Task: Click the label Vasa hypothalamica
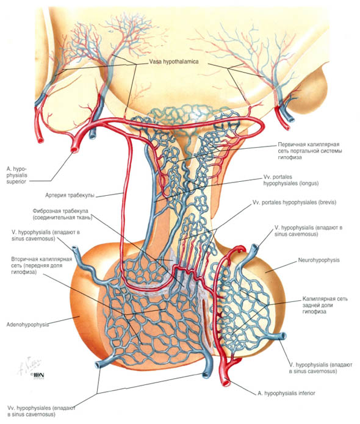point(174,62)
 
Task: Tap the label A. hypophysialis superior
point(16,175)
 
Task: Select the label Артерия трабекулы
point(70,195)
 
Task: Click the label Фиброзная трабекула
point(60,211)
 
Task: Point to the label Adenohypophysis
point(27,325)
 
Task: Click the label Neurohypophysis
point(319,260)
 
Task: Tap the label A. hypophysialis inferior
point(286,393)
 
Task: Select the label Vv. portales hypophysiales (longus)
point(291,180)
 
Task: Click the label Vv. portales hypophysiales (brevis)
point(294,203)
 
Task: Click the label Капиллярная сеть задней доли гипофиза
point(325,305)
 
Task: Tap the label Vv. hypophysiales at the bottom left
point(41,411)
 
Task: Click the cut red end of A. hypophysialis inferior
point(226,383)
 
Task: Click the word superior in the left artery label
point(16,182)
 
